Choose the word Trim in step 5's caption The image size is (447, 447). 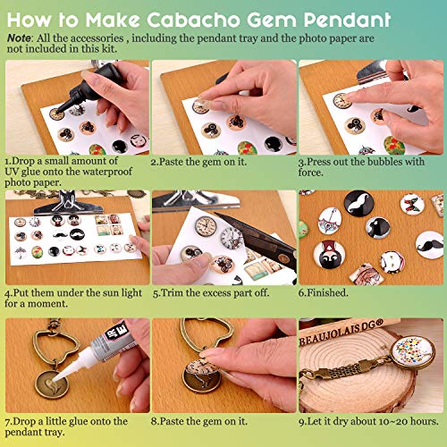(173, 291)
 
